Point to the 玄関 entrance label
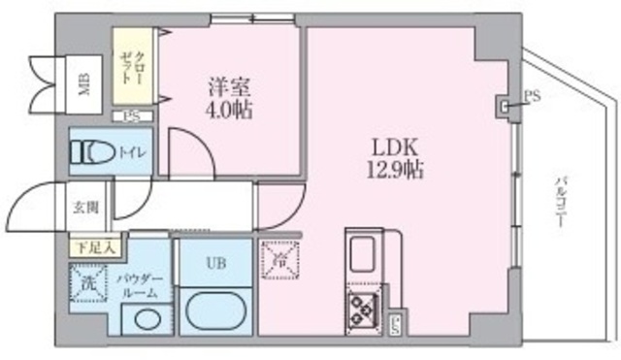pos(84,207)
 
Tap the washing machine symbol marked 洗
pos(88,283)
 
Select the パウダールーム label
pos(135,284)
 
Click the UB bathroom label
pos(215,262)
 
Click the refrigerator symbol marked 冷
pos(280,260)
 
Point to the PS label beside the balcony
pos(531,95)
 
